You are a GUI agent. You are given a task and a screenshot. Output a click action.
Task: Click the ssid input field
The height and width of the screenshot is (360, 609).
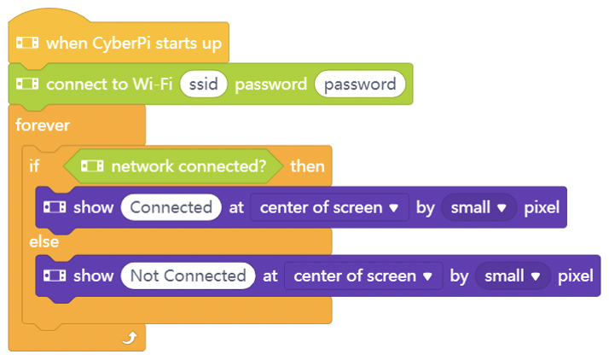pos(204,84)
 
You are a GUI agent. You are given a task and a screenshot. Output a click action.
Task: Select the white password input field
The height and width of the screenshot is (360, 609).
pos(360,84)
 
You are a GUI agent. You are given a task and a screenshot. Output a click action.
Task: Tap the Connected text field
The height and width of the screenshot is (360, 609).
pos(171,207)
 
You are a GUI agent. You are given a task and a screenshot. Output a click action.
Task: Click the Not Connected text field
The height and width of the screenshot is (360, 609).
pos(188,276)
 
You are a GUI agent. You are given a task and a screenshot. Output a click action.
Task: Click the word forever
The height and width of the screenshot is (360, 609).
pos(43,125)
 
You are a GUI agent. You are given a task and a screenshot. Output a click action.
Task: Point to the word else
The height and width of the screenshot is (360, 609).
pos(43,242)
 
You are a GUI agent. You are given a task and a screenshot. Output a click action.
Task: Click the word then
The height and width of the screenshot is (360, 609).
pos(307,166)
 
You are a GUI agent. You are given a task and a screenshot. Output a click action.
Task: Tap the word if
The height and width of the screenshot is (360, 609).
pos(34,166)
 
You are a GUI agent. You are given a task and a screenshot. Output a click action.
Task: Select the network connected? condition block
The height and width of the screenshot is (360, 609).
pos(173,166)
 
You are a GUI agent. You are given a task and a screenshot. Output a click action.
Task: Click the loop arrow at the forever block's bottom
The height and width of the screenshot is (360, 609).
pos(130,338)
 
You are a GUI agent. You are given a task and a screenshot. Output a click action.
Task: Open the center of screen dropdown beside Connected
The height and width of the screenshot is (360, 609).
pos(329,207)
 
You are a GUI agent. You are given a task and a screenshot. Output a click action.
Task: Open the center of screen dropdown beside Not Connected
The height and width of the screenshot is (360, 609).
pos(363,276)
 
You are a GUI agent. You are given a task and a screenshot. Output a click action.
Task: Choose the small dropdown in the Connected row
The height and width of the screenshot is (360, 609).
pos(478,207)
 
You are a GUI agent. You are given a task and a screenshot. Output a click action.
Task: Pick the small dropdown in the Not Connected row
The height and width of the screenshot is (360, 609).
pos(513,276)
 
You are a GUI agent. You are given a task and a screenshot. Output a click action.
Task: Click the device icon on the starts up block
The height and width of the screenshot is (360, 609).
pos(27,43)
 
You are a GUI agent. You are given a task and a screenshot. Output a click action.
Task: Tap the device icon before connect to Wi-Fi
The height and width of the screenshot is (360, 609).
pos(27,84)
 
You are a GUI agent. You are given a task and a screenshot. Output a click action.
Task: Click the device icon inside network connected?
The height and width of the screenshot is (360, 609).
pos(92,166)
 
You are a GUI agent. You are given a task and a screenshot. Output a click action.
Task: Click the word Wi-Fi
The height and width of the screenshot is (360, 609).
pos(153,84)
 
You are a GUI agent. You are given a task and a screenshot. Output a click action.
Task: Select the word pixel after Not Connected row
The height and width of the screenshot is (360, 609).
pos(576,276)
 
